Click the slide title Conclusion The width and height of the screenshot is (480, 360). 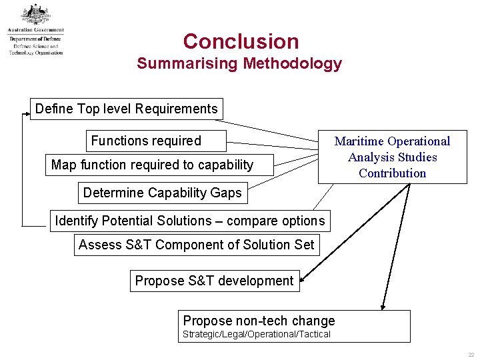[241, 41]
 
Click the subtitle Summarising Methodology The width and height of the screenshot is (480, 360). [239, 64]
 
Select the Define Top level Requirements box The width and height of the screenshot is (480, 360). [127, 109]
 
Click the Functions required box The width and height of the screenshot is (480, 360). [146, 141]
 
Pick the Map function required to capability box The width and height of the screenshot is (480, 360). [152, 165]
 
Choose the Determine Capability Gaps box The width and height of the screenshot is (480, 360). [163, 193]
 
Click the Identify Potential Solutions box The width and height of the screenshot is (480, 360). [189, 221]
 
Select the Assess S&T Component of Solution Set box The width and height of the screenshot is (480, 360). [196, 245]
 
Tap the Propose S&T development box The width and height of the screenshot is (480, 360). [214, 281]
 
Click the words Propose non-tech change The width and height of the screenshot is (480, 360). [259, 321]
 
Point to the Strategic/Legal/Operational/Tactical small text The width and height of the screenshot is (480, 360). [257, 334]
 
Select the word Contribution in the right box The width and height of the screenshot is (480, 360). [392, 173]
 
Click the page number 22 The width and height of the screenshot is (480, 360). [470, 355]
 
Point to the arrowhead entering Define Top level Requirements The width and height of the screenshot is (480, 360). [27, 115]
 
